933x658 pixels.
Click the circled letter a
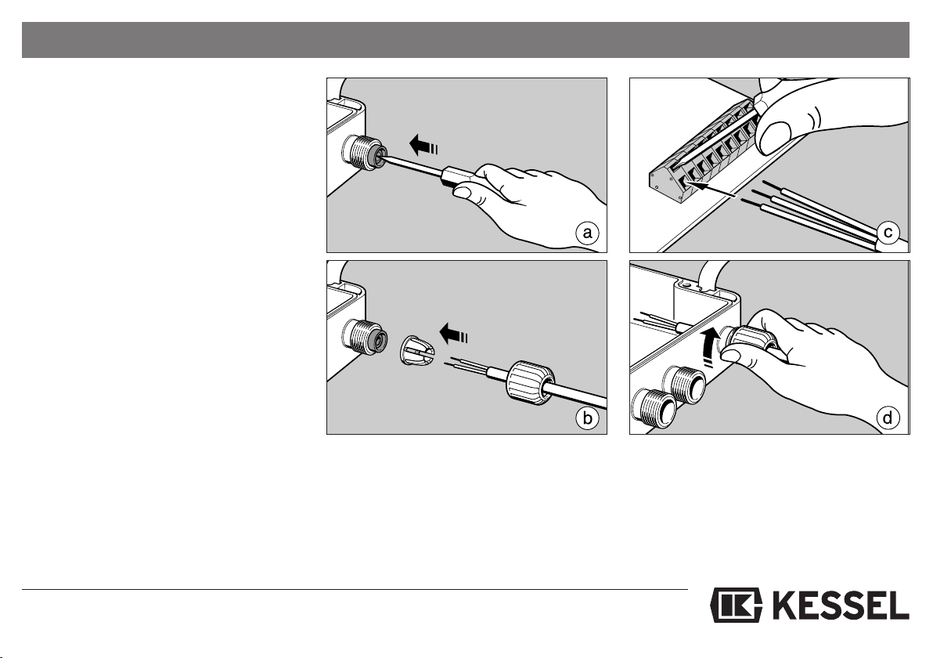point(587,233)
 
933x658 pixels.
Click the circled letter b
point(587,418)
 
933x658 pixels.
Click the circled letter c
point(888,232)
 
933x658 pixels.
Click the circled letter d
point(888,418)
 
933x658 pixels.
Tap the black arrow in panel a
point(424,145)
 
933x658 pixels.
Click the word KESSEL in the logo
point(840,606)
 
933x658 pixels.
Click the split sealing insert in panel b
point(416,352)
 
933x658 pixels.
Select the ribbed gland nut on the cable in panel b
point(530,381)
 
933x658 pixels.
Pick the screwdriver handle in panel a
point(458,178)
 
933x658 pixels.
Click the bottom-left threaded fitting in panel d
point(654,407)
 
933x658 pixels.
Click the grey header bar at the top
point(465,40)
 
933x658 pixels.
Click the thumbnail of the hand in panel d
point(731,356)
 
